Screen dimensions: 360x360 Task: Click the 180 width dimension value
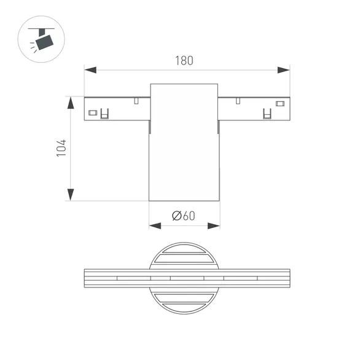pyautogui.click(x=184, y=61)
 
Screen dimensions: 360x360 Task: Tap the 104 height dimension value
pyautogui.click(x=61, y=148)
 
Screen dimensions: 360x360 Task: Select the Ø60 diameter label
pyautogui.click(x=184, y=216)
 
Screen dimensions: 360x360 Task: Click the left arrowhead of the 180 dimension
pyautogui.click(x=90, y=70)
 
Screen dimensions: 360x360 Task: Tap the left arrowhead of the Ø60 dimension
pyautogui.click(x=155, y=226)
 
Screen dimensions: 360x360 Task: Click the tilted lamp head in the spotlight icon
pyautogui.click(x=44, y=41)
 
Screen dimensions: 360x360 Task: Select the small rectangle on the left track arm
pyautogui.click(x=93, y=112)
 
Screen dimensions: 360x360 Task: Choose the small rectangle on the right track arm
pyautogui.click(x=280, y=103)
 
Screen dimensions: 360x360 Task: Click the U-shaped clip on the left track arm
pyautogui.click(x=105, y=114)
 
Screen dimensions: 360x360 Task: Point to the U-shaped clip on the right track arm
pyautogui.click(x=267, y=114)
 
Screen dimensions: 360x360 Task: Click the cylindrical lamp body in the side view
pyautogui.click(x=184, y=154)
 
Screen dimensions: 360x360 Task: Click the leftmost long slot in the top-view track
pyautogui.click(x=133, y=278)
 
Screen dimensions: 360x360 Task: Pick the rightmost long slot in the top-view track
pyautogui.click(x=240, y=278)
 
